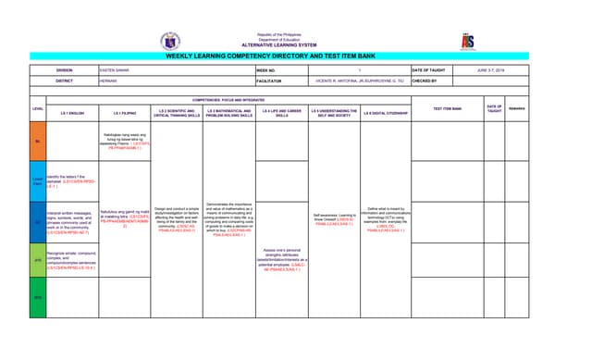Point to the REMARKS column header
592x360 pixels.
pyautogui.click(x=516, y=109)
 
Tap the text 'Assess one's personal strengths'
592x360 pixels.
pyautogui.click(x=281, y=254)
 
